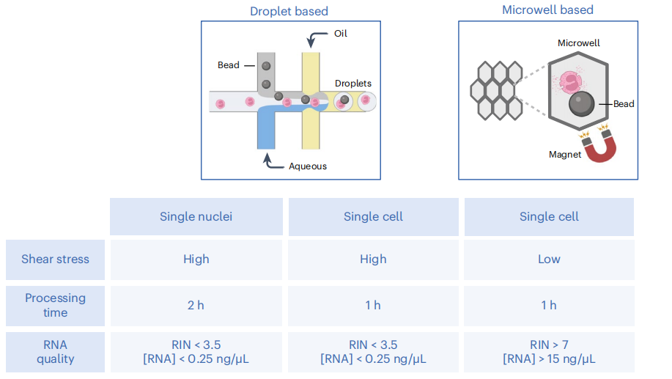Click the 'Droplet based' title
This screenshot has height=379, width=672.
pos(289,11)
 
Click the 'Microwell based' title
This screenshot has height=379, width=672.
pos(547,10)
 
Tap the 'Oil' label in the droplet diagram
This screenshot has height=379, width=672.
pos(341,34)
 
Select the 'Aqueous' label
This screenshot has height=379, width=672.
pos(308,166)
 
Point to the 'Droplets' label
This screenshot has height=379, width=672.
pos(353,84)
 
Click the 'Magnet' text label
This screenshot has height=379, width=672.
pos(565,155)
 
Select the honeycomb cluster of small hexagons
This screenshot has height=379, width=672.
pos(495,90)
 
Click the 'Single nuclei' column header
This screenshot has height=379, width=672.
pos(196,216)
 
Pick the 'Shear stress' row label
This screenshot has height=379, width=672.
pos(55,259)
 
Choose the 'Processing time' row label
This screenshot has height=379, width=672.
pos(55,305)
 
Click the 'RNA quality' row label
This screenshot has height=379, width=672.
pos(55,352)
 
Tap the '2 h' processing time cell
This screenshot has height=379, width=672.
pos(196,305)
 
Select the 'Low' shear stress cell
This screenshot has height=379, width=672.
pos(549,259)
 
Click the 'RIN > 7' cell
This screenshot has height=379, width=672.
pos(549,345)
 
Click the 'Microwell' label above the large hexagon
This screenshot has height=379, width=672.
pos(578,43)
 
